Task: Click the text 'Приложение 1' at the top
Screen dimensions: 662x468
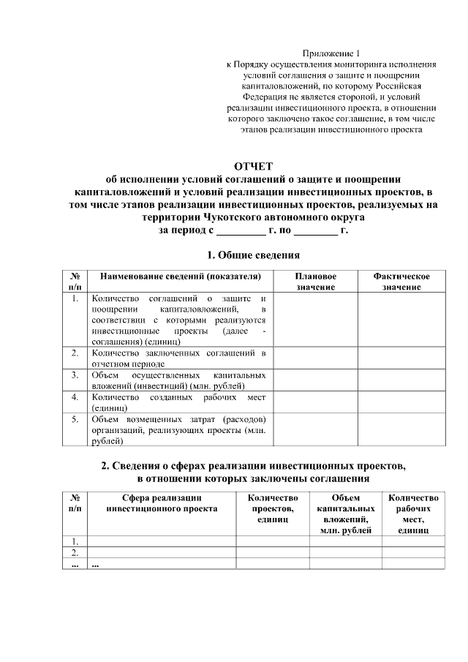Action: click(332, 53)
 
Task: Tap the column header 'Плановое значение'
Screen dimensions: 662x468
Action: click(316, 282)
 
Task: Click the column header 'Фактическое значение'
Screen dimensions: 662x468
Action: click(401, 282)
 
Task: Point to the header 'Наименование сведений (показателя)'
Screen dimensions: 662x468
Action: click(180, 277)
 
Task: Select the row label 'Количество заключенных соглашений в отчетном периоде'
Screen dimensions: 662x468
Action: click(178, 358)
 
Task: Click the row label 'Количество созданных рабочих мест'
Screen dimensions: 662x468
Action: click(178, 402)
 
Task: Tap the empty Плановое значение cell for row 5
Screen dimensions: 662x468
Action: click(316, 430)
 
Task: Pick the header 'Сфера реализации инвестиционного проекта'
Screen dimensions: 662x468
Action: click(162, 503)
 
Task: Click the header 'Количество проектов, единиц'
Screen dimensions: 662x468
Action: click(271, 508)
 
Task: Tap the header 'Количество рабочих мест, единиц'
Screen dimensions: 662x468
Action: click(413, 513)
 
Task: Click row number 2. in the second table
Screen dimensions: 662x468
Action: click(75, 552)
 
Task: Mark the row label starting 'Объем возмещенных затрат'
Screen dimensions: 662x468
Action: click(178, 430)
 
